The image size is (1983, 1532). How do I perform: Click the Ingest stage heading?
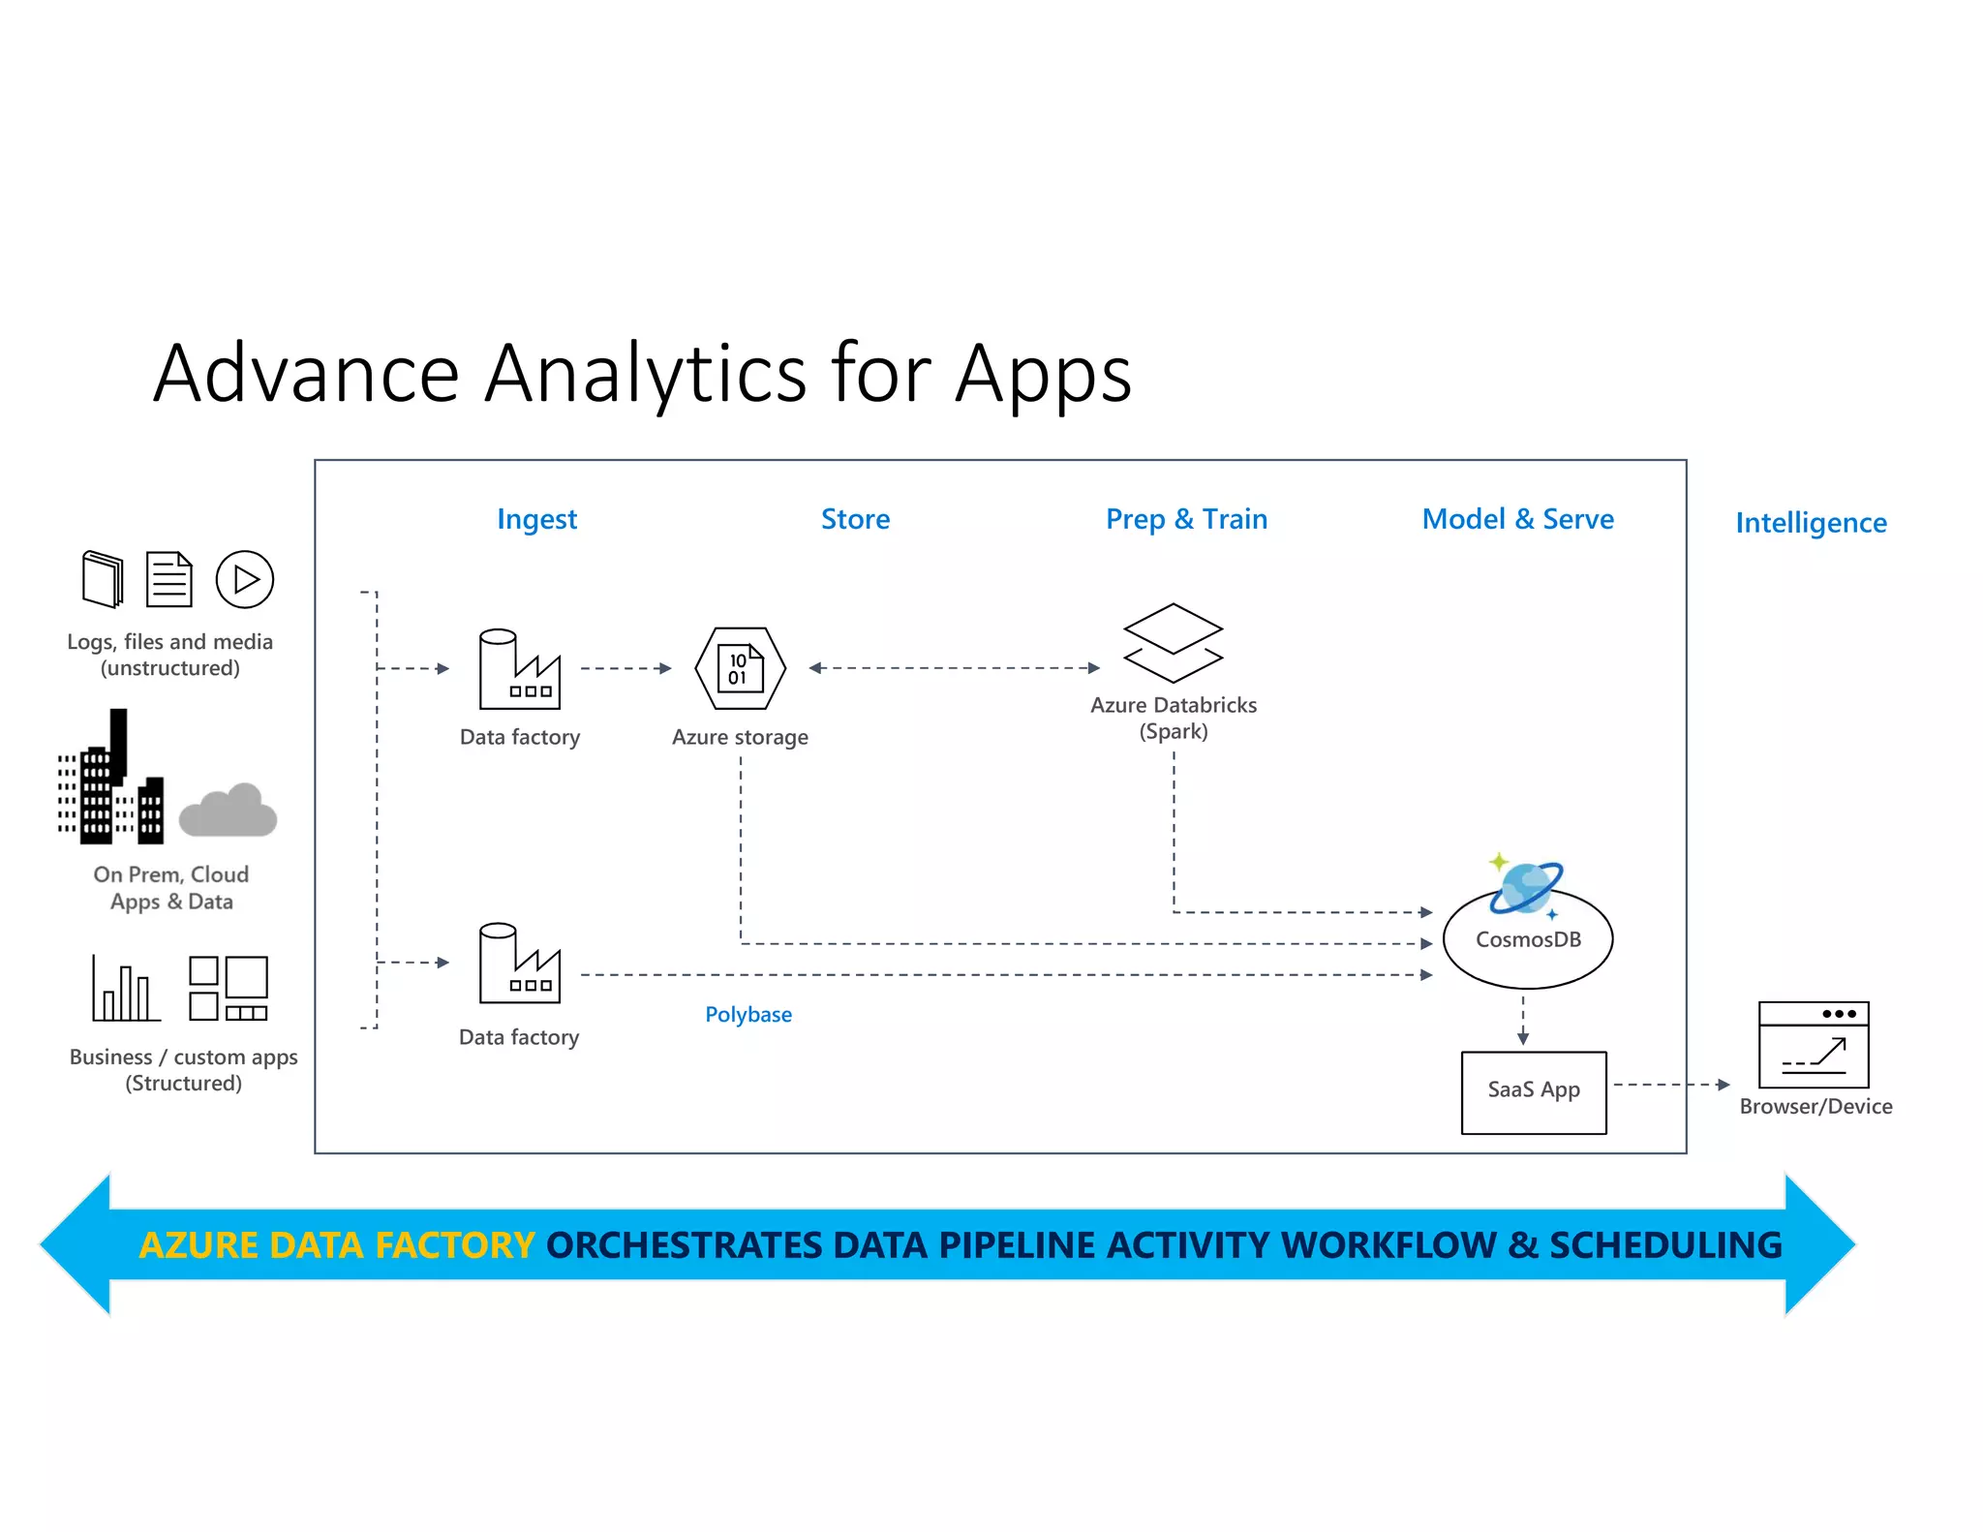point(536,519)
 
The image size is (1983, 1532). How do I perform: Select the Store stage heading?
point(855,519)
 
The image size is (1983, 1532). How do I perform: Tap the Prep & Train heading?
point(1186,519)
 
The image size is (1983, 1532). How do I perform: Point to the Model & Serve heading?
point(1517,519)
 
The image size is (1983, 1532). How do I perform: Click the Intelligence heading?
point(1811,523)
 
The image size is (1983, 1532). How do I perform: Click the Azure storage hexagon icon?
point(741,668)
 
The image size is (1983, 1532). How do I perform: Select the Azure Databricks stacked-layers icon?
point(1173,643)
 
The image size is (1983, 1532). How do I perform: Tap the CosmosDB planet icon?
point(1525,887)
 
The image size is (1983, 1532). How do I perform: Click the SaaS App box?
point(1534,1091)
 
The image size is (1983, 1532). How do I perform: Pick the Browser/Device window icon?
point(1814,1045)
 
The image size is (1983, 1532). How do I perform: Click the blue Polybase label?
point(748,1014)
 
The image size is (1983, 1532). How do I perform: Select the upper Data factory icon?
point(519,669)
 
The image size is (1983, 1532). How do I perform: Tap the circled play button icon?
point(244,579)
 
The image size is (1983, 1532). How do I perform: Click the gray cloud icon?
point(229,812)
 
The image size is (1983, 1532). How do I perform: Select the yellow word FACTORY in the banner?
point(455,1244)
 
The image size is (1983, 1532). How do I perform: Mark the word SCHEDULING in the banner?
point(1665,1244)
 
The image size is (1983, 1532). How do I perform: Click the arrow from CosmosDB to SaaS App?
point(1523,1020)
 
